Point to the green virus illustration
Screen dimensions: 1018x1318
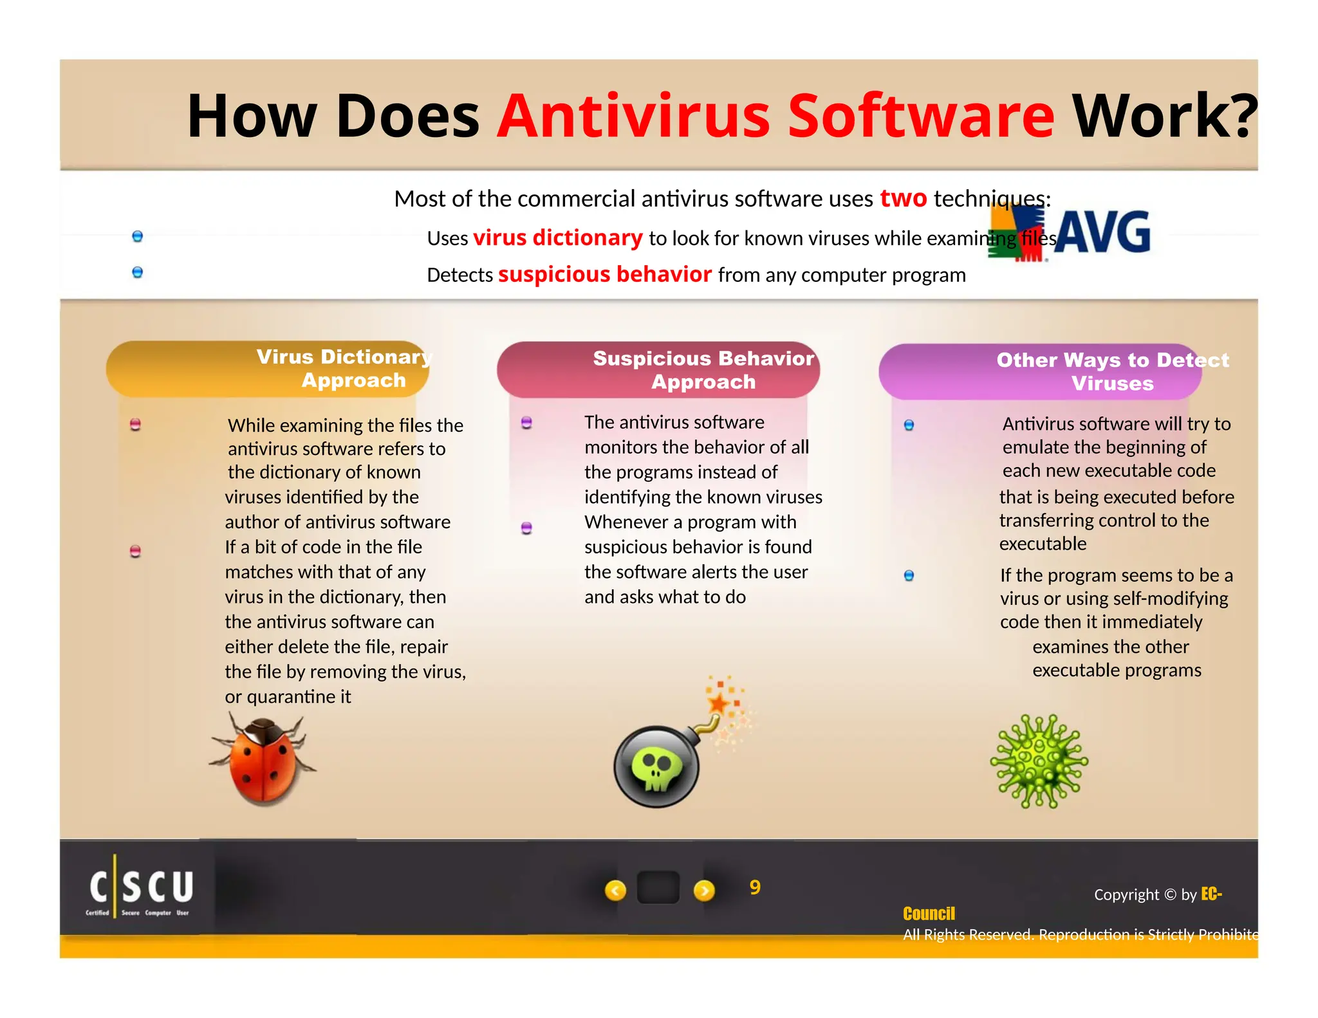1039,761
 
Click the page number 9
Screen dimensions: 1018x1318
755,887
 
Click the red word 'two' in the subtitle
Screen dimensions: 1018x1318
903,198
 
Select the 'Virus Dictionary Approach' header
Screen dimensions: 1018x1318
344,369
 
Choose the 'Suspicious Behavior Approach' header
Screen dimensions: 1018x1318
703,370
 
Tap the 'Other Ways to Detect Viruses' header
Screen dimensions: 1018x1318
1112,372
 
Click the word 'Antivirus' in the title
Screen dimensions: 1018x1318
633,116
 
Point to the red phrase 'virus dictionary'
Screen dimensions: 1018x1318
557,238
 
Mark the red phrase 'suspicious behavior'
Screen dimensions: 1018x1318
605,275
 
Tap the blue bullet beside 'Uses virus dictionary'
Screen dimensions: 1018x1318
137,236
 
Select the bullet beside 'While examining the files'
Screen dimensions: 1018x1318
135,425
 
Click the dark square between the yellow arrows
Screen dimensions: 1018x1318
658,888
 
